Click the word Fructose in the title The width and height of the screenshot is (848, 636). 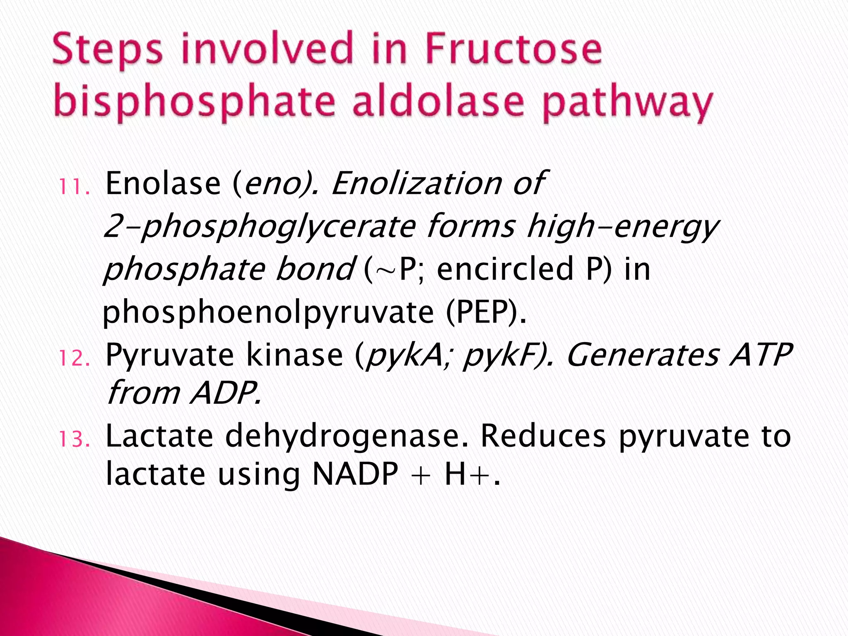pyautogui.click(x=513, y=50)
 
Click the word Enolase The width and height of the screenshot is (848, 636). pyautogui.click(x=163, y=183)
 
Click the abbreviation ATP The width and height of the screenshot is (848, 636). pyautogui.click(x=761, y=355)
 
